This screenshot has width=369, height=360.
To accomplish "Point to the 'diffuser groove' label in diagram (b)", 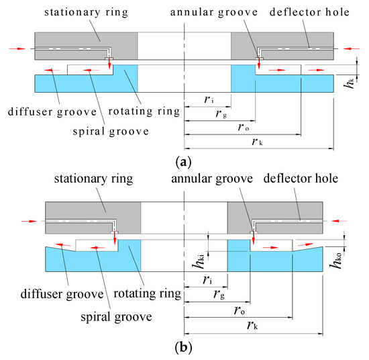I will click(x=64, y=294).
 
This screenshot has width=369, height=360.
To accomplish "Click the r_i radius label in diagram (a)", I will click(x=209, y=99).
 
